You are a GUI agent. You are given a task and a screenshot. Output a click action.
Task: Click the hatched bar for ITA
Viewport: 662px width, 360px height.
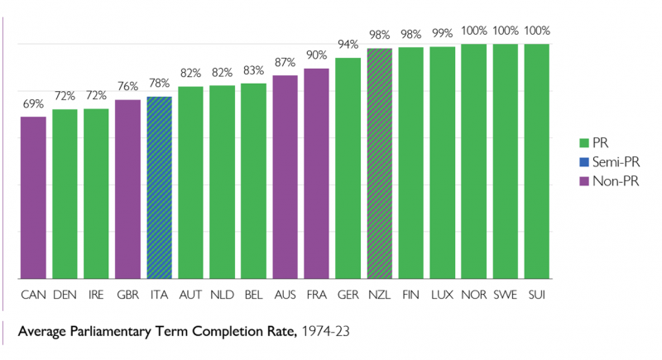point(160,188)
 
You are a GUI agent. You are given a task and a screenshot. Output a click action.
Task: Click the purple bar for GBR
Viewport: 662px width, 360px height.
point(128,190)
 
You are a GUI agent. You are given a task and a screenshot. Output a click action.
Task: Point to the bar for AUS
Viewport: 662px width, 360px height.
point(285,177)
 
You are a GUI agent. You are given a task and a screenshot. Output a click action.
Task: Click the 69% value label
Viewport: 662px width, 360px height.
point(33,105)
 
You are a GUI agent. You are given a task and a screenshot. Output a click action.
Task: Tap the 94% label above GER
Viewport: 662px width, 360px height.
point(348,44)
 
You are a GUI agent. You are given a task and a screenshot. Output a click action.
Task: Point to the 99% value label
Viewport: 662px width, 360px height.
point(443,33)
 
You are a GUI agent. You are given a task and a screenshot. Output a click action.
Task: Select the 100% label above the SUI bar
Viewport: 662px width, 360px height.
point(537,31)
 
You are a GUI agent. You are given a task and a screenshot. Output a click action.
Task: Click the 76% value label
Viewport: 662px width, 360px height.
point(128,86)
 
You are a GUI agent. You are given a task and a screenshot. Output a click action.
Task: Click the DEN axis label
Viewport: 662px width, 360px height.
point(65,294)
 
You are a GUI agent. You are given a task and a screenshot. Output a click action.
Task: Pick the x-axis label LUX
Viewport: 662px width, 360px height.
point(443,294)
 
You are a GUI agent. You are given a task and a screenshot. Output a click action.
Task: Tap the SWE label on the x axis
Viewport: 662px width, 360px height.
point(506,294)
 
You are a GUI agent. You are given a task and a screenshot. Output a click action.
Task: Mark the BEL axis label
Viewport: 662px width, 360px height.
point(254,294)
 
